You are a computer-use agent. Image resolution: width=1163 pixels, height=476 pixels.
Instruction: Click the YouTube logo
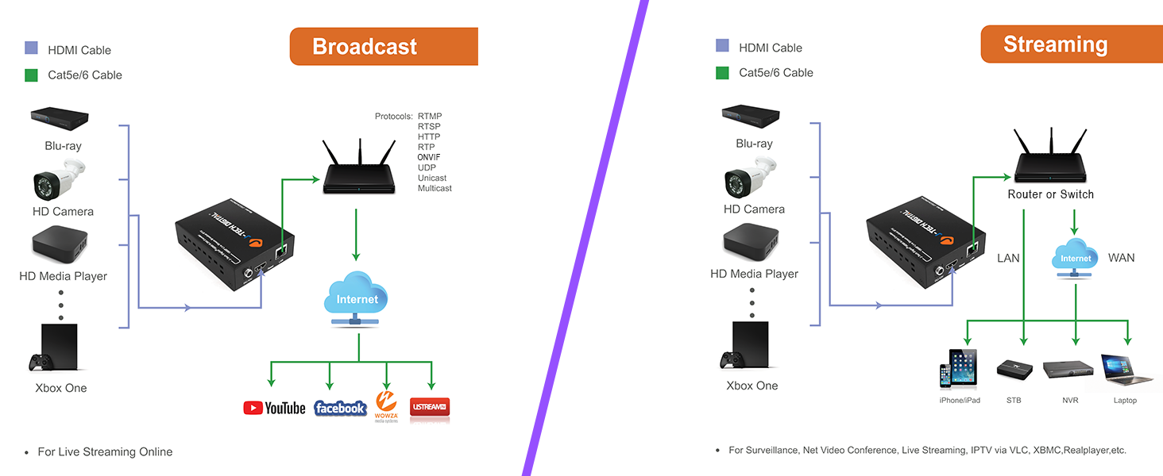pyautogui.click(x=274, y=408)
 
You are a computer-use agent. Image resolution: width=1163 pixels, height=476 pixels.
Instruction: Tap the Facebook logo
pyautogui.click(x=340, y=408)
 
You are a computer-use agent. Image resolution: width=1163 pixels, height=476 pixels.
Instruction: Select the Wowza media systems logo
pyautogui.click(x=386, y=405)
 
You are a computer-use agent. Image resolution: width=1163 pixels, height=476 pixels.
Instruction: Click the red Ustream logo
pyautogui.click(x=430, y=408)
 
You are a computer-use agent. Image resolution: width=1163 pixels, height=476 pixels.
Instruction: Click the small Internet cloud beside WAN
pyautogui.click(x=1076, y=258)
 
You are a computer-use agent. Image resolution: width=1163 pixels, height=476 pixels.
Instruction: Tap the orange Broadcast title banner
pyautogui.click(x=384, y=47)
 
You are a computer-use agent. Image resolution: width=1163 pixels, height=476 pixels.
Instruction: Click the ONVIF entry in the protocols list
pyautogui.click(x=429, y=157)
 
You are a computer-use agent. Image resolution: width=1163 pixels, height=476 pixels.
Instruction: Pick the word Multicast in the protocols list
pyautogui.click(x=435, y=188)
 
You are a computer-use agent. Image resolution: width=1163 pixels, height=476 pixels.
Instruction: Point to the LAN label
pyautogui.click(x=1008, y=258)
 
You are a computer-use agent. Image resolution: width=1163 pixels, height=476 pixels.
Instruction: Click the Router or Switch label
pyautogui.click(x=1050, y=194)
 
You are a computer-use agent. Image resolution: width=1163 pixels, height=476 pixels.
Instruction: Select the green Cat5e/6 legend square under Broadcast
pyautogui.click(x=31, y=75)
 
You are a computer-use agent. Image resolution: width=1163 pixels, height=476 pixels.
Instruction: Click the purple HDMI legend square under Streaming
pyautogui.click(x=722, y=46)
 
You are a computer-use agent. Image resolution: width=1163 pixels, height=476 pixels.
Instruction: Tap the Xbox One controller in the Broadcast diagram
pyautogui.click(x=41, y=363)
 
